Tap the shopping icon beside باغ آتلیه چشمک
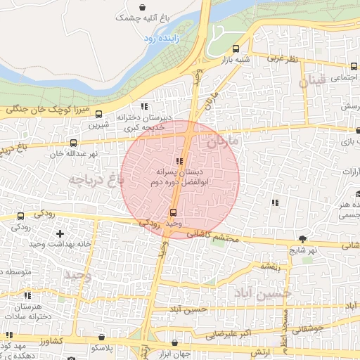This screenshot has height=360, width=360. [x=143, y=8]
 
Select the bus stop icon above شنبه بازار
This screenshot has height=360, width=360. [x=236, y=49]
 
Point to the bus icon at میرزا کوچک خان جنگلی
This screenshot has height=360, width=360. [x=98, y=113]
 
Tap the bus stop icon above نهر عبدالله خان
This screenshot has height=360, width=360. [x=74, y=143]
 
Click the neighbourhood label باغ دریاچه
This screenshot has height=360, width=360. [x=96, y=179]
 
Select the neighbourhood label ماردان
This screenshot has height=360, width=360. [x=223, y=141]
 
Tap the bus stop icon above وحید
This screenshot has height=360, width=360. [x=174, y=212]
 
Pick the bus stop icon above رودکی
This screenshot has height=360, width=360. [x=20, y=217]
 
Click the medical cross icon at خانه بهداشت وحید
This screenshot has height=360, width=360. [x=60, y=233]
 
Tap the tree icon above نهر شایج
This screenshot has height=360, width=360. [x=302, y=239]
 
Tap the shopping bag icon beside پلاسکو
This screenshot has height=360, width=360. [x=103, y=338]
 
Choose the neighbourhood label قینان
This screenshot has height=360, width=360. [x=312, y=82]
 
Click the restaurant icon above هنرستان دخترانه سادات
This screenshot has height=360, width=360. [x=27, y=296]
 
